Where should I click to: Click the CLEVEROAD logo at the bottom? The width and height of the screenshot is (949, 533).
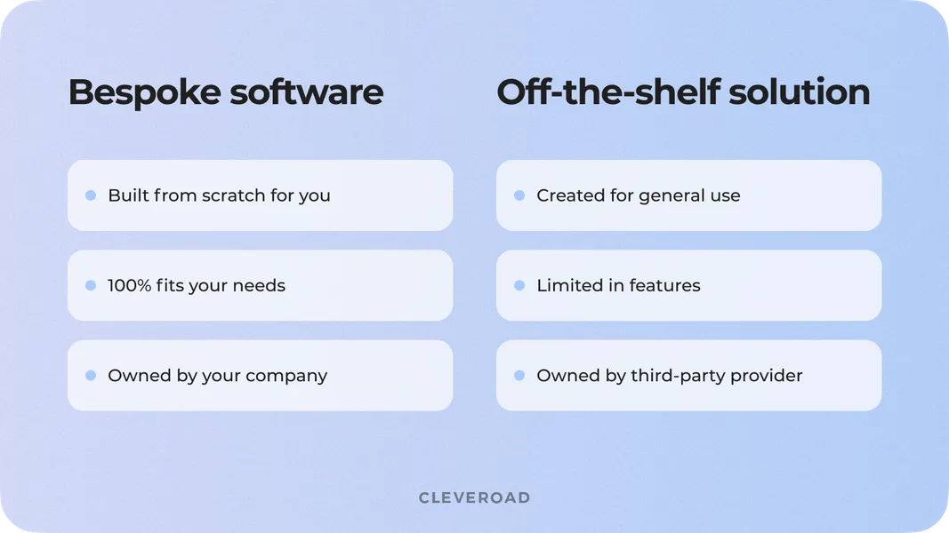pyautogui.click(x=474, y=497)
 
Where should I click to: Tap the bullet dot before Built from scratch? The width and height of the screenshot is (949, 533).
pyautogui.click(x=91, y=195)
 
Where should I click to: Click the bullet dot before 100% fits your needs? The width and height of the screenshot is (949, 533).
pyautogui.click(x=91, y=285)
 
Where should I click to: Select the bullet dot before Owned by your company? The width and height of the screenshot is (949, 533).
pyautogui.click(x=91, y=376)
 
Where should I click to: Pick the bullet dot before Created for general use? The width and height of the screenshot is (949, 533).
pyautogui.click(x=519, y=195)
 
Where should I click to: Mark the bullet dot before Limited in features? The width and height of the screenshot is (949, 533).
pyautogui.click(x=519, y=285)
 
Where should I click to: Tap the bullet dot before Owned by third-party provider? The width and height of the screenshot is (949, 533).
pyautogui.click(x=519, y=376)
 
